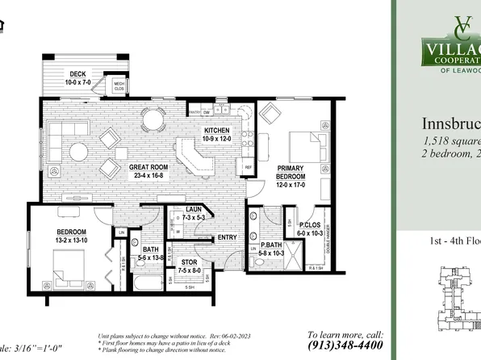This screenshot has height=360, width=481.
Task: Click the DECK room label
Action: pyautogui.click(x=77, y=74)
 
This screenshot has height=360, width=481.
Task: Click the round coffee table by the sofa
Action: pyautogui.click(x=79, y=150)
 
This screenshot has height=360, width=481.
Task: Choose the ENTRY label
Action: pyautogui.click(x=227, y=237)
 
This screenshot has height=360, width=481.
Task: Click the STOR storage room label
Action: pyautogui.click(x=189, y=262)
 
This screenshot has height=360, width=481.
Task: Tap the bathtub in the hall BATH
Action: pyautogui.click(x=149, y=283)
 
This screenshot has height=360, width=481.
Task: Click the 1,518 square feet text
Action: pyautogui.click(x=452, y=143)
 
